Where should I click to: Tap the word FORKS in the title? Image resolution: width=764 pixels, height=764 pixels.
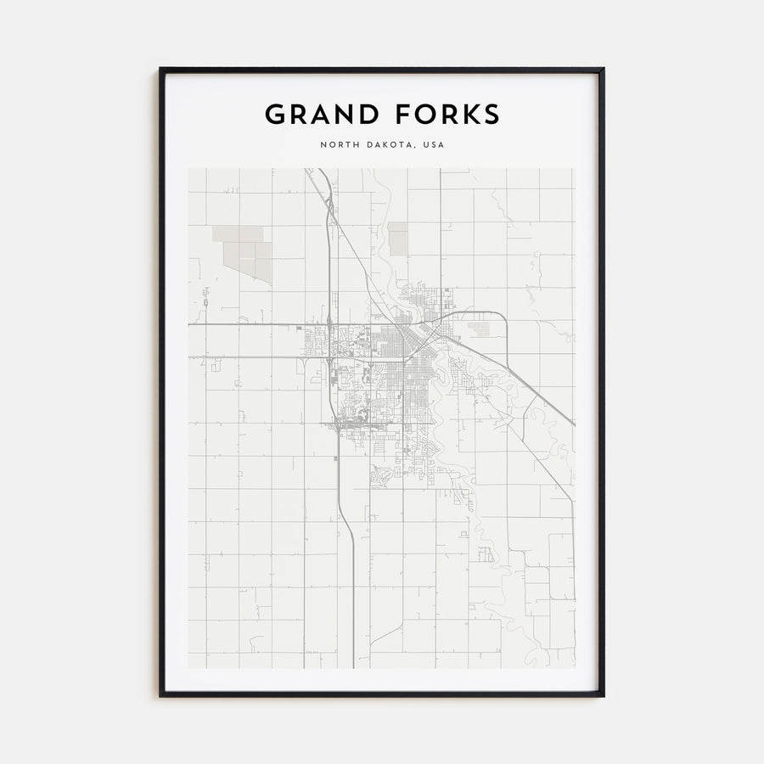[x=443, y=114]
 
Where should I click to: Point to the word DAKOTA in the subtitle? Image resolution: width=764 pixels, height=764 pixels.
[x=387, y=145]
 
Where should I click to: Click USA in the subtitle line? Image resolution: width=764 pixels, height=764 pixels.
[x=433, y=145]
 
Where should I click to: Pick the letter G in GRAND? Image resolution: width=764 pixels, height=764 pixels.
[x=275, y=114]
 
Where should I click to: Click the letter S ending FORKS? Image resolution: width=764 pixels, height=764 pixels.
[x=492, y=114]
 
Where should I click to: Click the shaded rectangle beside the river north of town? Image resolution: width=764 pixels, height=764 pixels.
[x=397, y=238]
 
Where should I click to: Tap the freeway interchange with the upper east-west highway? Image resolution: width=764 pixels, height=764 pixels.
[x=329, y=324]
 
